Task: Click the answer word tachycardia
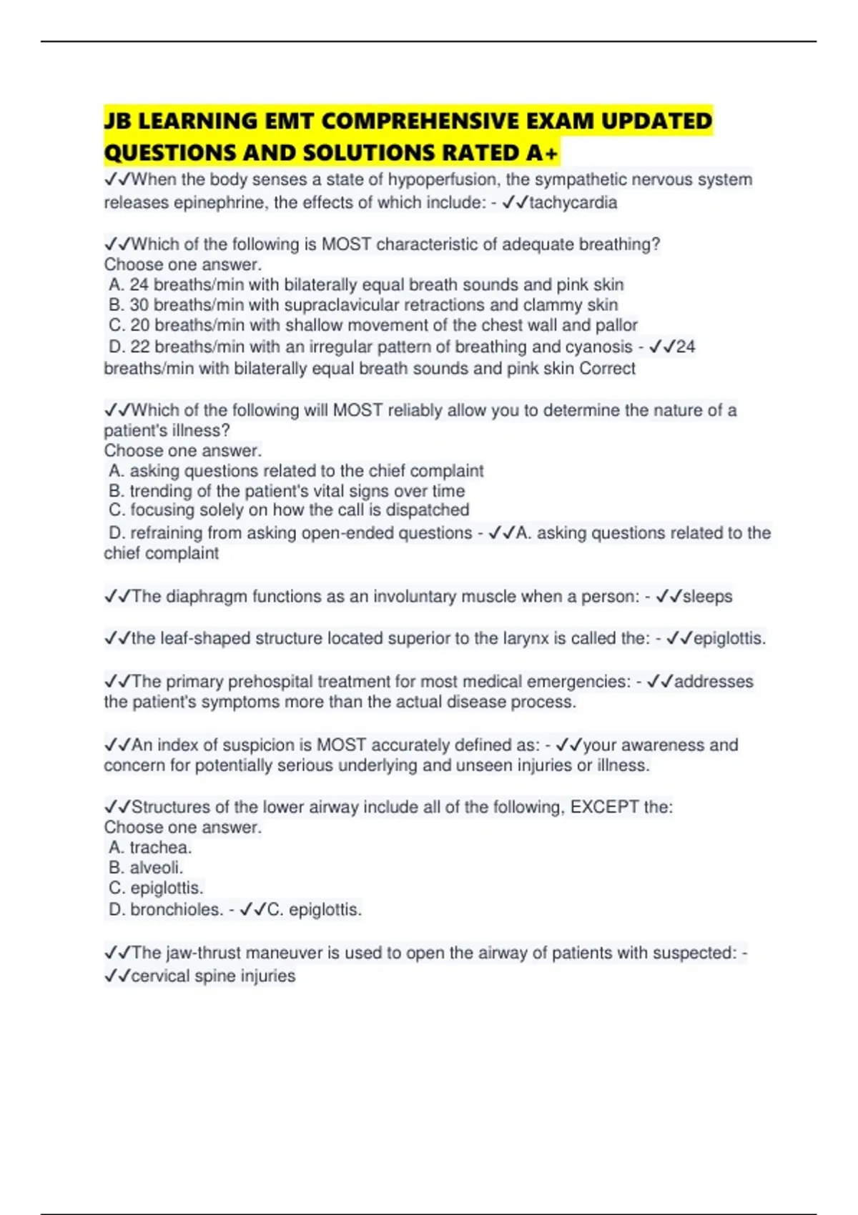point(573,202)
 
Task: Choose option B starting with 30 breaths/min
point(363,304)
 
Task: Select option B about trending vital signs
point(287,491)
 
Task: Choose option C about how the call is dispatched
point(289,510)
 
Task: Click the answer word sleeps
point(707,596)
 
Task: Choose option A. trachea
point(150,848)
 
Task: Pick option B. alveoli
point(146,868)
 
